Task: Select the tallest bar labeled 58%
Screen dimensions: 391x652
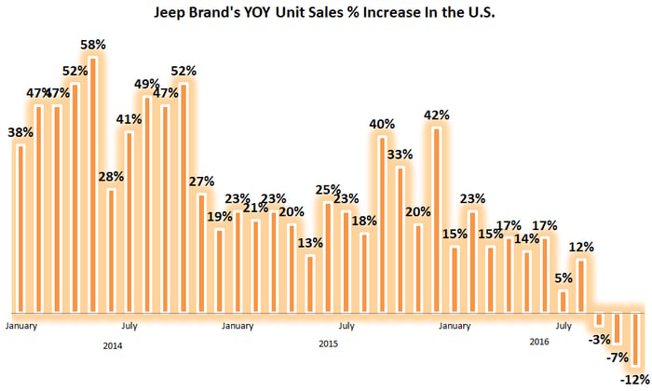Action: pyautogui.click(x=93, y=186)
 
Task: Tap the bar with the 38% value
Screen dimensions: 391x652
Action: pyautogui.click(x=20, y=228)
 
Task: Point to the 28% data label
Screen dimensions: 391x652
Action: pyautogui.click(x=111, y=178)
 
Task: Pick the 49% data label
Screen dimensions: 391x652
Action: pyautogui.click(x=146, y=84)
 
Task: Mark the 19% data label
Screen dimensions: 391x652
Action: pyautogui.click(x=219, y=217)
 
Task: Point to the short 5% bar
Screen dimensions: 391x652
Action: pyautogui.click(x=564, y=302)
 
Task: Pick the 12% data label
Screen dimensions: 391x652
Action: pyautogui.click(x=582, y=247)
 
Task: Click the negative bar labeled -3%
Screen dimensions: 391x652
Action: pyautogui.click(x=600, y=319)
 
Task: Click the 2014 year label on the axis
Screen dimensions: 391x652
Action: pyautogui.click(x=113, y=345)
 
